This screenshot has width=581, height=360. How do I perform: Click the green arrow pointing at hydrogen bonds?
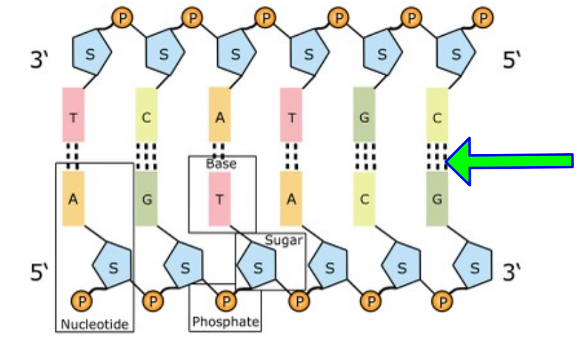[509, 161]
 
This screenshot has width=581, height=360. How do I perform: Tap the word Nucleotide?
[95, 324]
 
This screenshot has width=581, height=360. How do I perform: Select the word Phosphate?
[226, 321]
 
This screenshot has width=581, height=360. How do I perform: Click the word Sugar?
[284, 240]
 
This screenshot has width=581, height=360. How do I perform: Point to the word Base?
[221, 164]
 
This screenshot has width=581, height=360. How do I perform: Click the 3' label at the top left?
[39, 59]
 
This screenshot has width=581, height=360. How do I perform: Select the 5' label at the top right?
[511, 59]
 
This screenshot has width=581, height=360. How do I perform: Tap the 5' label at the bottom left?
[39, 272]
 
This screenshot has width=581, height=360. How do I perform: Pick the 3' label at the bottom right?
[511, 272]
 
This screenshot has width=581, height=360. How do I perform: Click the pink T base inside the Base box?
[220, 199]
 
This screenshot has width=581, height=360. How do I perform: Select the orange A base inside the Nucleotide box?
[73, 198]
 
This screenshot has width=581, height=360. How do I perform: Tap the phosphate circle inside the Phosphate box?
[226, 301]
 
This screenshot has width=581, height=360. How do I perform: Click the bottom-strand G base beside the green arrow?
[437, 199]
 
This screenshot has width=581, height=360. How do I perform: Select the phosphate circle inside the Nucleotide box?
[81, 301]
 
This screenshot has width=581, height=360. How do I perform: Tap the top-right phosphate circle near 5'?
[483, 18]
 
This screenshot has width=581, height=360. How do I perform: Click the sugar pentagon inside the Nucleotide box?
[112, 264]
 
